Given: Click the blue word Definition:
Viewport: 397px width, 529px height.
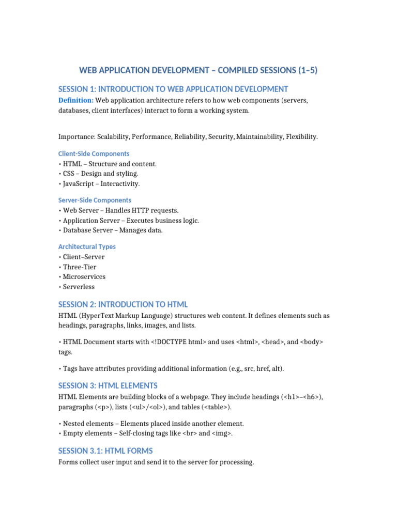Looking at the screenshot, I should (76, 100).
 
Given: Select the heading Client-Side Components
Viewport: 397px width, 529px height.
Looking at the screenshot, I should (94, 153).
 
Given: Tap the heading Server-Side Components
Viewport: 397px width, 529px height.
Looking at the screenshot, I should (95, 200).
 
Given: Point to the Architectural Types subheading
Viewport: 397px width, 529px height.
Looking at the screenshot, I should (87, 246).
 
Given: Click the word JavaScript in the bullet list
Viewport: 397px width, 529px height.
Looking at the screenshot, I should (79, 183).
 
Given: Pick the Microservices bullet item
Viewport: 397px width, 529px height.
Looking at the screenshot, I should (84, 277).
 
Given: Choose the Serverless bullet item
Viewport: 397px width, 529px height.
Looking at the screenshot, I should (79, 287).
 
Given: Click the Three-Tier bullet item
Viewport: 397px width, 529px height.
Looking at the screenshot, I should (80, 267).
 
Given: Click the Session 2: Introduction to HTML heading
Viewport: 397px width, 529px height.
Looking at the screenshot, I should (123, 304).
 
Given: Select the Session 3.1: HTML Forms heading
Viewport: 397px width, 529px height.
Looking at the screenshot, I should (105, 450).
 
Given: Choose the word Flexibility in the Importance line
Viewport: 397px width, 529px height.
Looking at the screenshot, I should (300, 137).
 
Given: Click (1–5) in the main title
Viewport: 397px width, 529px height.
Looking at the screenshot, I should (304, 70).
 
